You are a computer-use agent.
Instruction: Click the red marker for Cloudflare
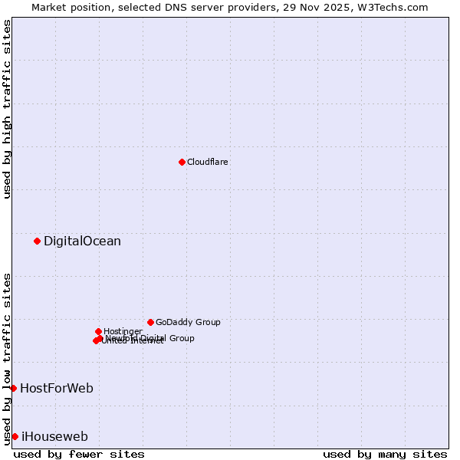point(182,162)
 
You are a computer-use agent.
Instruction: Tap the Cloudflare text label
point(208,162)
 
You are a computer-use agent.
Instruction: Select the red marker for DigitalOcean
point(37,241)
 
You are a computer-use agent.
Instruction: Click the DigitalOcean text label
point(82,241)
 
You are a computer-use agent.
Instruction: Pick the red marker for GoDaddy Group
point(150,322)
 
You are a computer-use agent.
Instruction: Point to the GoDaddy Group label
point(188,322)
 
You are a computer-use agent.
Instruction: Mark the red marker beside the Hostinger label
point(98,331)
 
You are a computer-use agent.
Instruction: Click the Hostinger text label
point(123,331)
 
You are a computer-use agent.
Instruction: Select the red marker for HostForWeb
point(13,388)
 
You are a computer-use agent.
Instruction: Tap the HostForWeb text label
point(57,388)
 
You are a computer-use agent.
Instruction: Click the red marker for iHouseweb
point(15,436)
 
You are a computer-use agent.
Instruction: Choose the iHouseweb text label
point(54,436)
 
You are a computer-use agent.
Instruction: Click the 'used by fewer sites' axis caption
point(79,454)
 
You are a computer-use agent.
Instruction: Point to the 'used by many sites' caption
point(385,454)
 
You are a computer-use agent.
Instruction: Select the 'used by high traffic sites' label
point(7,109)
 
